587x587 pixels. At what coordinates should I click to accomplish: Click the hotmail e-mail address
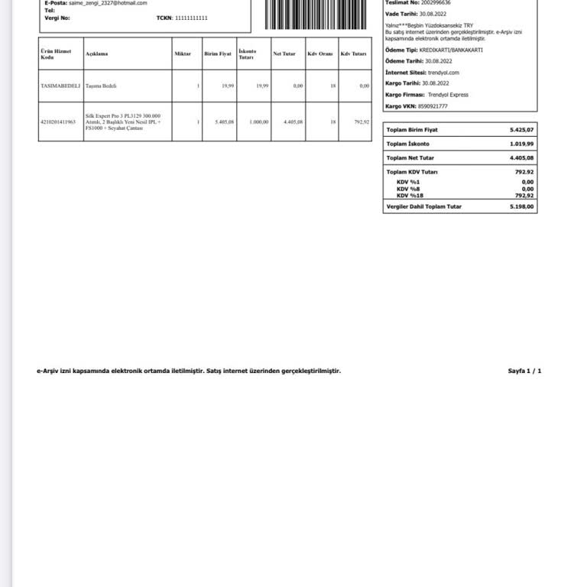click(108, 3)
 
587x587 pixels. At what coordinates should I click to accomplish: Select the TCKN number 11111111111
click(191, 18)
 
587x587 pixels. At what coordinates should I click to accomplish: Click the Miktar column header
click(183, 54)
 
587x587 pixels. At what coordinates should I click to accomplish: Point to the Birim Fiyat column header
click(218, 54)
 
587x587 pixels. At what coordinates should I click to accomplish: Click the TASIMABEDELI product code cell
click(60, 86)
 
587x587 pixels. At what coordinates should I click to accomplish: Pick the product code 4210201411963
click(58, 122)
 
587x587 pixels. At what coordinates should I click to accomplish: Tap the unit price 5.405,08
click(225, 122)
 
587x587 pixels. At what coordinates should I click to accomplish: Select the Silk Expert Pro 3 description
click(123, 122)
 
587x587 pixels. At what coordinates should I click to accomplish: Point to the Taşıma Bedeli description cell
click(101, 86)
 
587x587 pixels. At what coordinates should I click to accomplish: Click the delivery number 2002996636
click(431, 3)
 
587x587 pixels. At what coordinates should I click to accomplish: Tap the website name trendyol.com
click(443, 72)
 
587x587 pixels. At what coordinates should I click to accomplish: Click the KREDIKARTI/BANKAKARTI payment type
click(451, 50)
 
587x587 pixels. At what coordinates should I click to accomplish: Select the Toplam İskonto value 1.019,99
click(522, 144)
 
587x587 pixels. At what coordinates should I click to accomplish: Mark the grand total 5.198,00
click(522, 206)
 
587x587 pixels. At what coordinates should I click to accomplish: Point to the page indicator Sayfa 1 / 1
click(524, 371)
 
